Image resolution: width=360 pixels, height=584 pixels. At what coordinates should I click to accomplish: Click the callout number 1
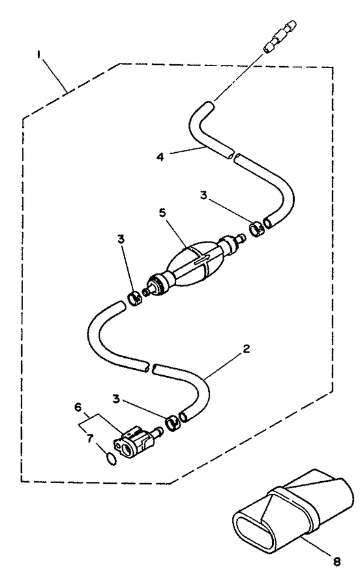(x=39, y=55)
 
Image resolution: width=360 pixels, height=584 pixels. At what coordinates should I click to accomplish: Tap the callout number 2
(x=246, y=349)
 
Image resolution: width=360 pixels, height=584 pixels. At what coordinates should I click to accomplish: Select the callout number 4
(x=160, y=157)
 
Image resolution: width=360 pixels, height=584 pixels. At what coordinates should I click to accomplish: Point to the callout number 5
(x=163, y=213)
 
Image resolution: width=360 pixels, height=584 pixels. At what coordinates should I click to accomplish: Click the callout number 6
(x=78, y=407)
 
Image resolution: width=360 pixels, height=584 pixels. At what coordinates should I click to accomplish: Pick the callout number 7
(x=89, y=439)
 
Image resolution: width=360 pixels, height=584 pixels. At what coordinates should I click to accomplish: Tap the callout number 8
(x=337, y=562)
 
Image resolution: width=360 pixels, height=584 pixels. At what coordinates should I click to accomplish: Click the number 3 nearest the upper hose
(x=204, y=195)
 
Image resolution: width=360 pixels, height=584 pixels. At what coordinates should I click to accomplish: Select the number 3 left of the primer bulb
(x=121, y=239)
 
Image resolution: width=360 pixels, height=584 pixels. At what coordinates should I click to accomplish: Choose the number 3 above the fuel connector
(x=116, y=399)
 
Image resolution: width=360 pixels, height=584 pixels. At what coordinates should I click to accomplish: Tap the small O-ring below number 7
(x=111, y=459)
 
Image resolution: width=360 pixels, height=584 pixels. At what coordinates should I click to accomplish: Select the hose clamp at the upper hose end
(x=256, y=229)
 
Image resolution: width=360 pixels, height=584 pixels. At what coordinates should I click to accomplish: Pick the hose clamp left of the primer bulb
(x=134, y=299)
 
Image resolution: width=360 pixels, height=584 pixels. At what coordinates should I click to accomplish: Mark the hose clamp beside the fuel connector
(x=172, y=423)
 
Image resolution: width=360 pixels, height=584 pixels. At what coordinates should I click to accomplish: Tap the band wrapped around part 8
(x=294, y=506)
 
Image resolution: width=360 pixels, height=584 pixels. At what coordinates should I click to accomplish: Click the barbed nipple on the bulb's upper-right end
(x=240, y=237)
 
